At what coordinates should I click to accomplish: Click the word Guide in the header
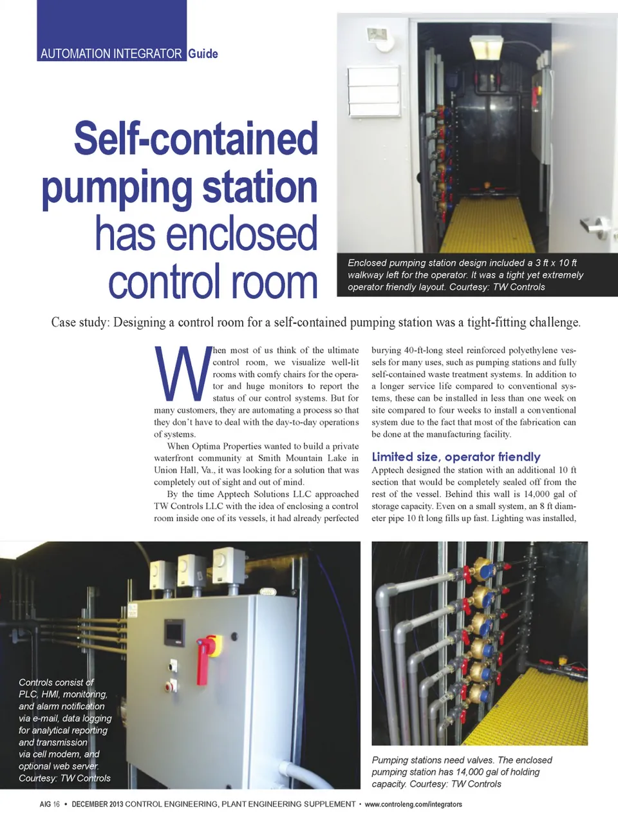point(203,54)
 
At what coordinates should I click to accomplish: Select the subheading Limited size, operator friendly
point(456,457)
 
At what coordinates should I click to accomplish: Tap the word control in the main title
point(165,282)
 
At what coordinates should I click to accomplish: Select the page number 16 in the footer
point(57,804)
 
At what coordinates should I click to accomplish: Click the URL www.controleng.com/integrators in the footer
point(413,804)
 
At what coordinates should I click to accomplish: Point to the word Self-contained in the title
point(196,139)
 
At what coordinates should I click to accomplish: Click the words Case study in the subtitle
point(79,322)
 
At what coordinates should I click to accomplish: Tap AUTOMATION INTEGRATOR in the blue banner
point(111,54)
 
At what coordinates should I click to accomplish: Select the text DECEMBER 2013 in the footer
point(97,804)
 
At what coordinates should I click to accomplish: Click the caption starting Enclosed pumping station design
point(465,275)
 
